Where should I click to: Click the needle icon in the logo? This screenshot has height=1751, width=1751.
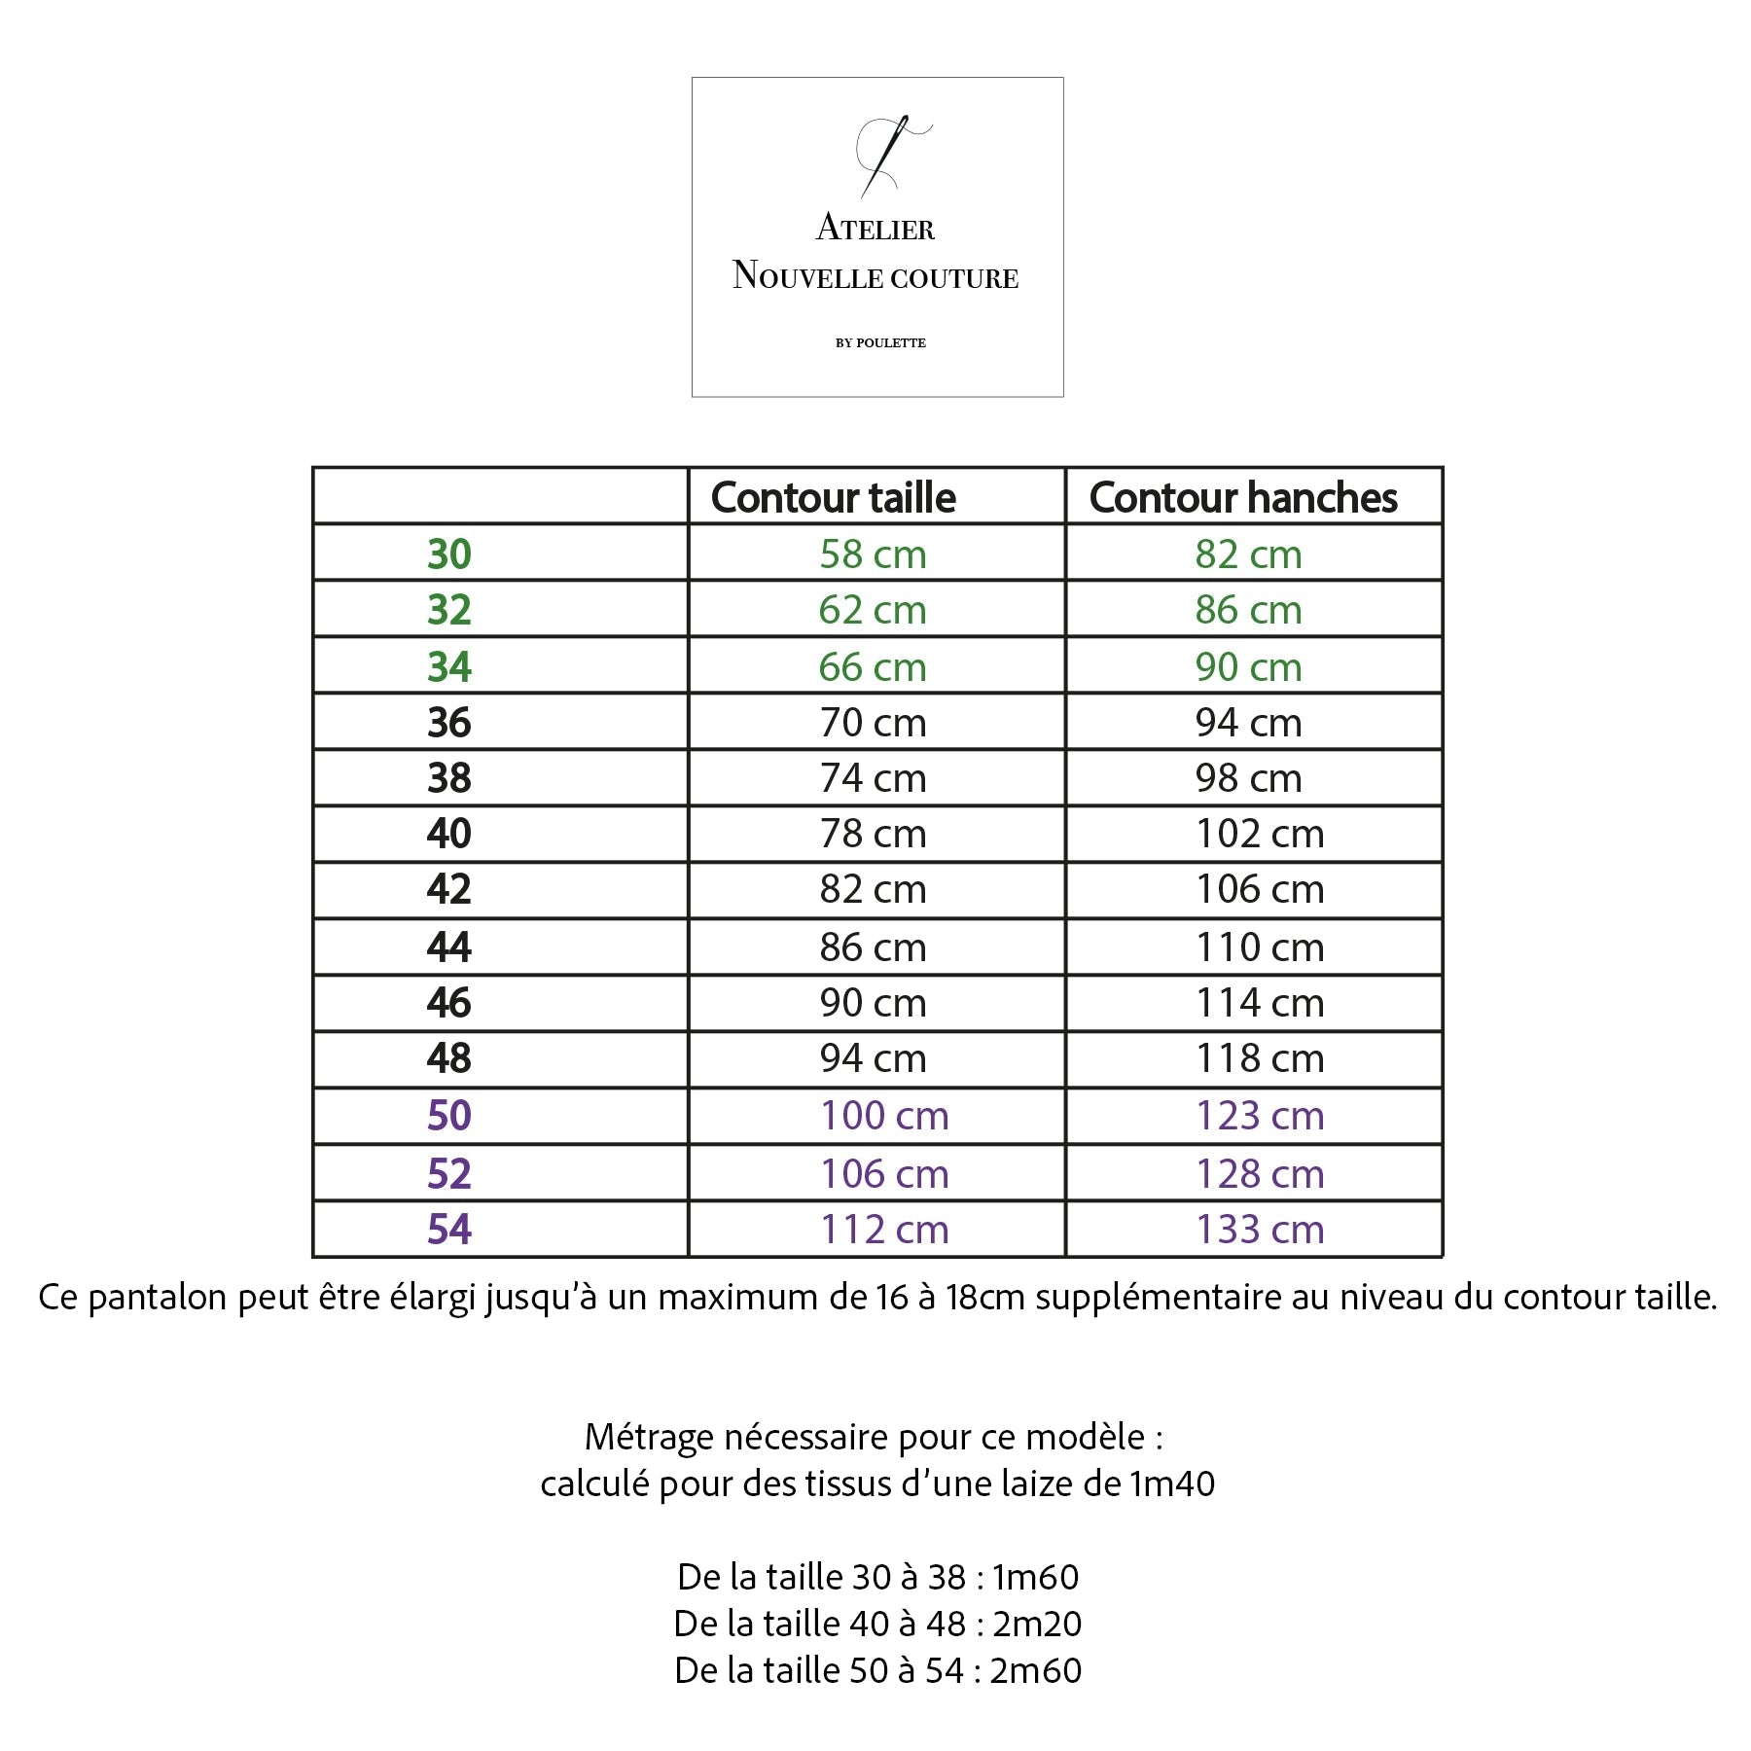(x=885, y=156)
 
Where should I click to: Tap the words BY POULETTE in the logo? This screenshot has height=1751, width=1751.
(x=880, y=342)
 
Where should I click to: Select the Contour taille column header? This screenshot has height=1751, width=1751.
(x=834, y=498)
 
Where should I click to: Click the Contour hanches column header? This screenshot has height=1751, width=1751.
(x=1243, y=498)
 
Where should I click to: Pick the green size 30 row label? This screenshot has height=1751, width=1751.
(x=449, y=554)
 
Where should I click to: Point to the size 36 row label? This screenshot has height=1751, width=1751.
(x=449, y=723)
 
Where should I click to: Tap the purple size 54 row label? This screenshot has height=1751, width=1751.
(x=449, y=1230)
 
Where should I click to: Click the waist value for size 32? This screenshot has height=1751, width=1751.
(x=873, y=611)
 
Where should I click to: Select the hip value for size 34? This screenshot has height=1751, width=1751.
(x=1248, y=667)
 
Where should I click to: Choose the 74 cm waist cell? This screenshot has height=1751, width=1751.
(x=873, y=778)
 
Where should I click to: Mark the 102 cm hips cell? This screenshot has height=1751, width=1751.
(x=1260, y=835)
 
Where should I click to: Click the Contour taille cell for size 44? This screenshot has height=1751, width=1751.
(x=873, y=947)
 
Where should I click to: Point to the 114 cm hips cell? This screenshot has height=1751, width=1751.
(x=1260, y=1003)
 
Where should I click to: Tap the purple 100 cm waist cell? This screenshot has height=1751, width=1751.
(x=884, y=1116)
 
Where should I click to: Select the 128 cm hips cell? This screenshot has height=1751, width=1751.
(x=1260, y=1174)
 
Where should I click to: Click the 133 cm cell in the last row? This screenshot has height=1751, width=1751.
(x=1260, y=1230)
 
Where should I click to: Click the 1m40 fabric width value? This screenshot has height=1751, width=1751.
(x=1172, y=1483)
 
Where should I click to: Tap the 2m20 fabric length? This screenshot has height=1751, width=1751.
(x=1037, y=1624)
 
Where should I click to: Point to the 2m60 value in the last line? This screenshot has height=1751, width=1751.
(x=1036, y=1670)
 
